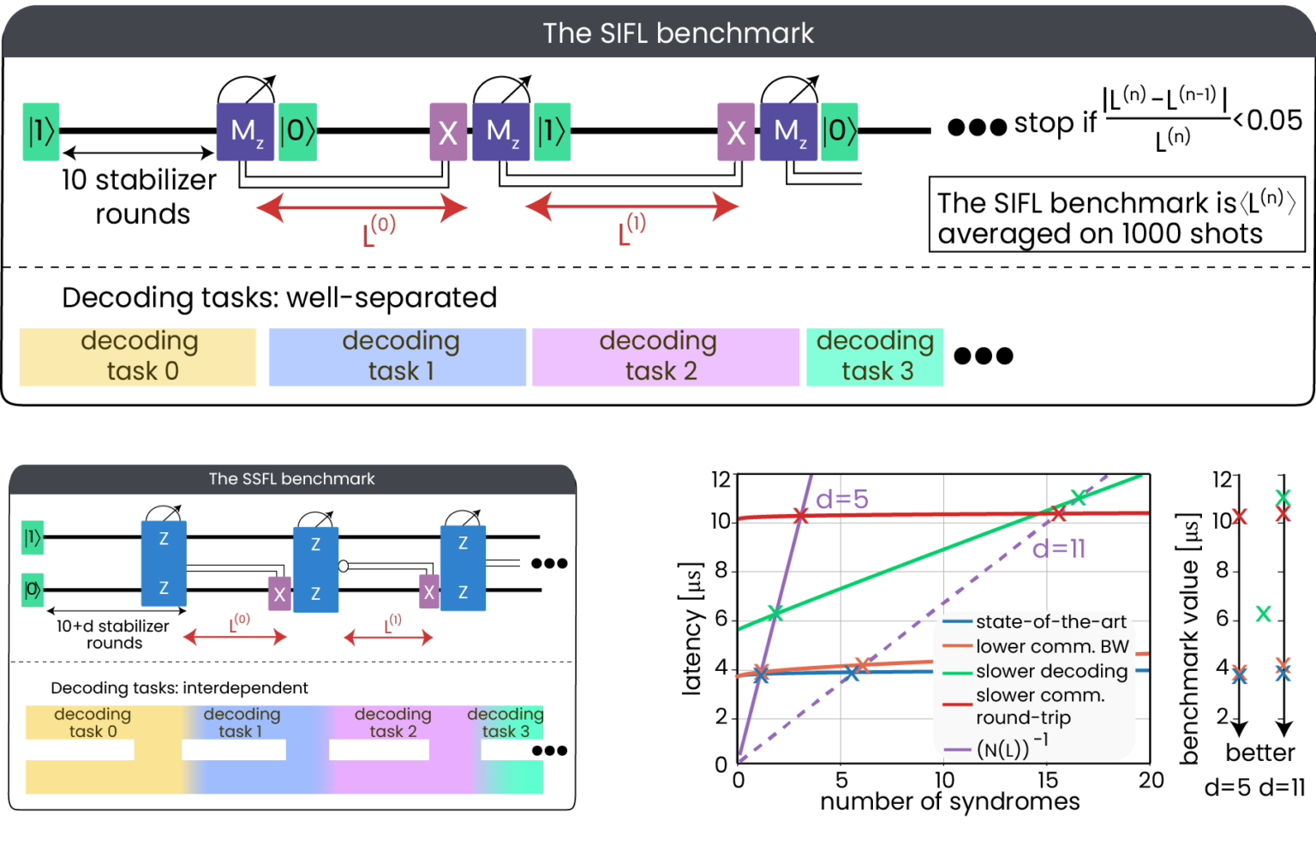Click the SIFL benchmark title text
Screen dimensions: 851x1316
pyautogui.click(x=678, y=33)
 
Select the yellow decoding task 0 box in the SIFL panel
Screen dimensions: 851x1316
pyautogui.click(x=138, y=357)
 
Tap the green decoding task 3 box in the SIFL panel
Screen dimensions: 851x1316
pyautogui.click(x=874, y=357)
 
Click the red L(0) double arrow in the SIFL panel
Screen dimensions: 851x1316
pyautogui.click(x=362, y=207)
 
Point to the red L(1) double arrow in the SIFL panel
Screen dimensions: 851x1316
pyautogui.click(x=631, y=207)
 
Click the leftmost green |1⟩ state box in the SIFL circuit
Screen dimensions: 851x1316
pyautogui.click(x=41, y=131)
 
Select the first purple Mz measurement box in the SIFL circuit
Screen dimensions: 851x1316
pyautogui.click(x=245, y=132)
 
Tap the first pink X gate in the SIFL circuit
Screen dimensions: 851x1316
pyautogui.click(x=447, y=132)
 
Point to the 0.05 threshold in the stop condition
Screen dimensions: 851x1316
pyautogui.click(x=1274, y=121)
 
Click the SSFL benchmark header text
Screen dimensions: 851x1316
pyautogui.click(x=291, y=479)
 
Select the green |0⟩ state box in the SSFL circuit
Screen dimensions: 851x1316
pyautogui.click(x=33, y=590)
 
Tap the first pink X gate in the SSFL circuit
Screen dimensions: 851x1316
pyautogui.click(x=279, y=594)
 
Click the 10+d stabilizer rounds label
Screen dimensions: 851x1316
pyautogui.click(x=113, y=634)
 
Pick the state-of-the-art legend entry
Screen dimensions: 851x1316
pyautogui.click(x=1050, y=622)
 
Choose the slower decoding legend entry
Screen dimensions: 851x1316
pyautogui.click(x=1050, y=671)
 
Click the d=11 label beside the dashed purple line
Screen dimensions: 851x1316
pyautogui.click(x=1059, y=549)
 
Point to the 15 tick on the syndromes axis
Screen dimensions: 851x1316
pyautogui.click(x=1047, y=780)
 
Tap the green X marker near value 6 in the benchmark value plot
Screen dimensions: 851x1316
pyautogui.click(x=1263, y=614)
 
